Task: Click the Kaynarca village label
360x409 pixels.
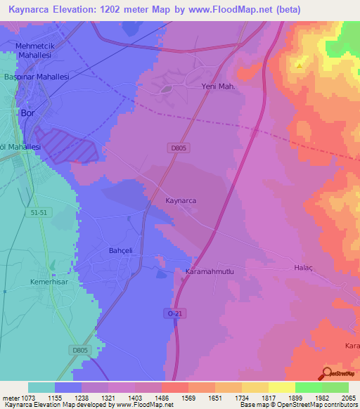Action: point(181,200)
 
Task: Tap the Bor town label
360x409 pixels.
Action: point(28,112)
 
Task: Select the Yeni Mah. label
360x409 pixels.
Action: point(217,87)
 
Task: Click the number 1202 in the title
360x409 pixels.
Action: point(124,10)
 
